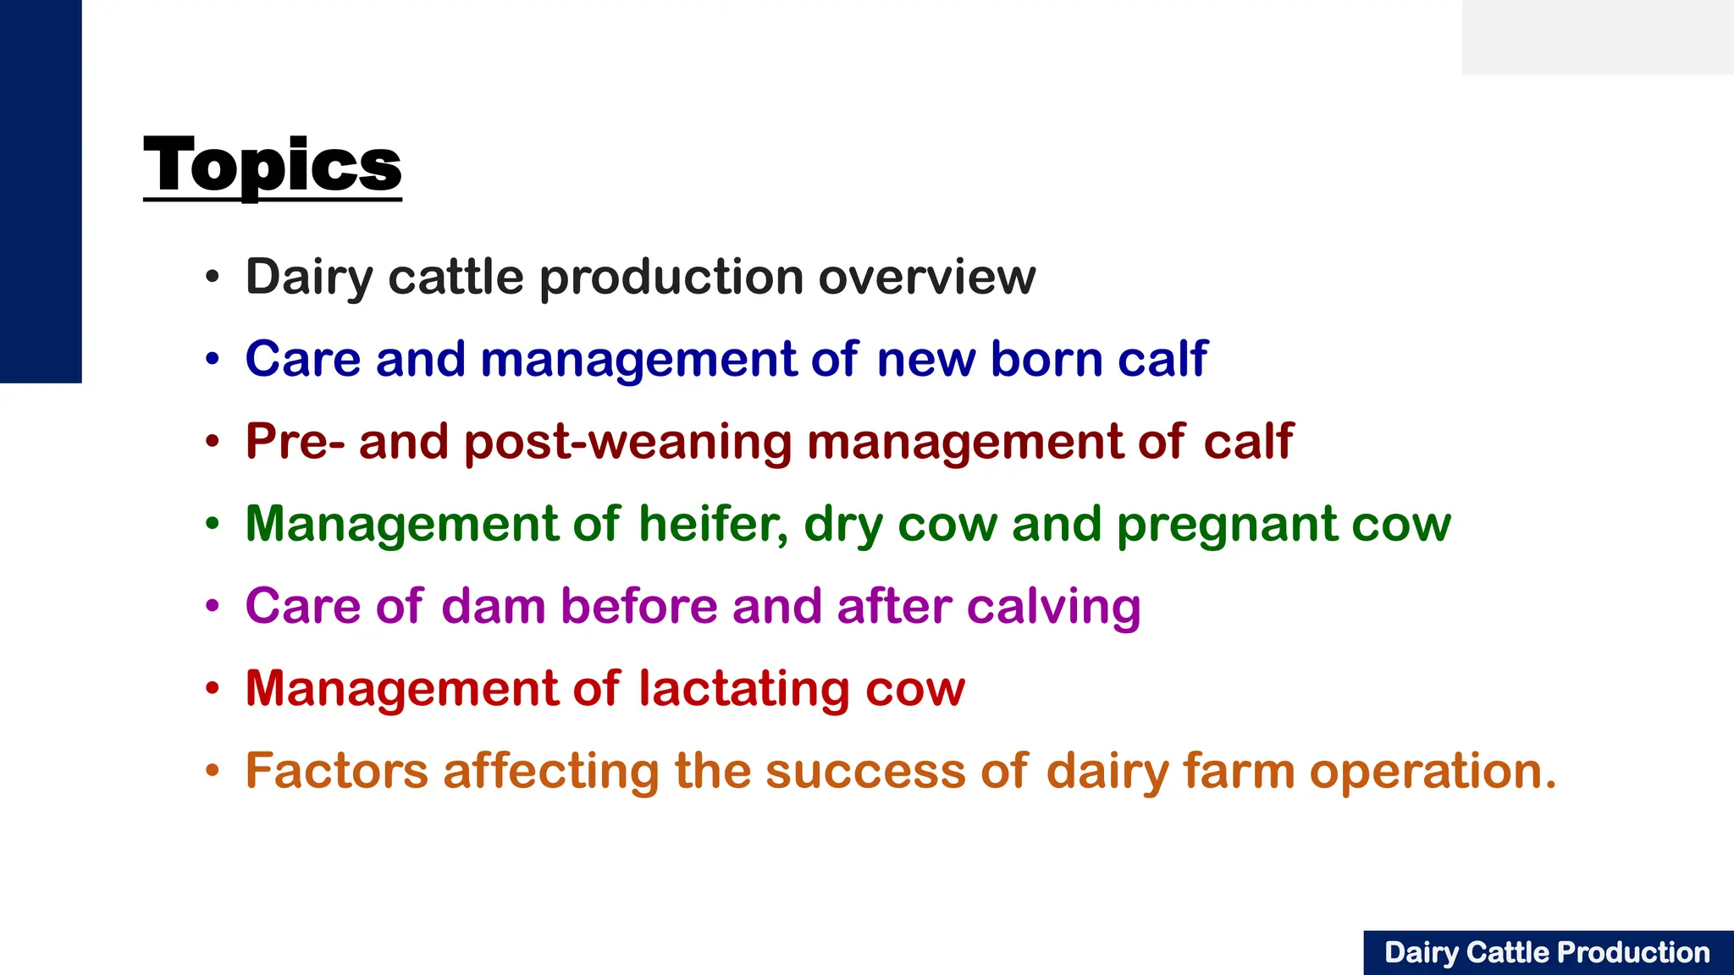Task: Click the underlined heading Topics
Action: click(x=273, y=166)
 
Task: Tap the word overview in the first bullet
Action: click(x=926, y=278)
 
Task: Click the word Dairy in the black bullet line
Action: click(x=309, y=278)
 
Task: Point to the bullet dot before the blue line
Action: click(x=213, y=360)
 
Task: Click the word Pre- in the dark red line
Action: click(x=295, y=442)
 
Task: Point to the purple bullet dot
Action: click(x=213, y=606)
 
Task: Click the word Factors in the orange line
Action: click(x=336, y=771)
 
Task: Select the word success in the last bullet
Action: click(x=865, y=771)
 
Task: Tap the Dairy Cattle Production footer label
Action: click(x=1547, y=953)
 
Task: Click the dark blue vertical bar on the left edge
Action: click(x=41, y=191)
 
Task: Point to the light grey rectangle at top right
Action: click(x=1597, y=36)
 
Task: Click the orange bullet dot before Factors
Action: click(x=213, y=771)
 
